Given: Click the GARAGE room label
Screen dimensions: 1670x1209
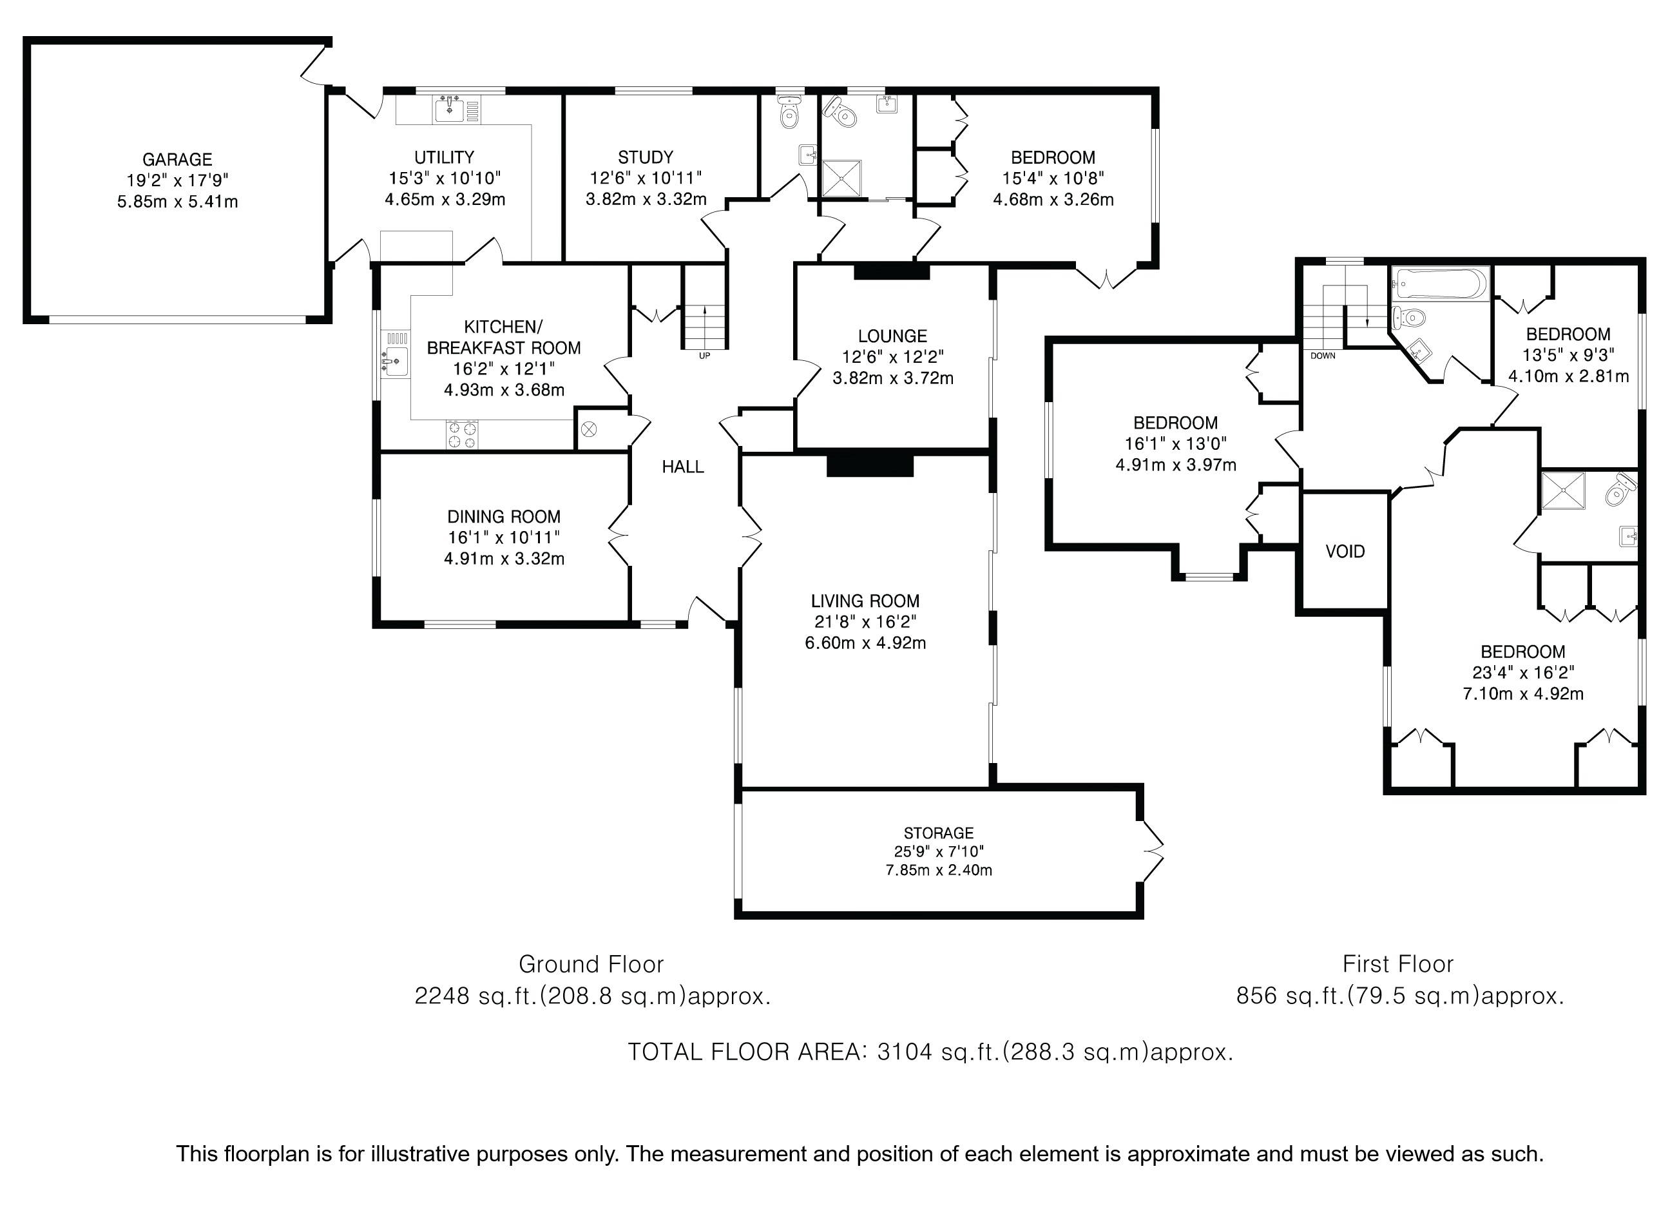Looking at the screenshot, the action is click(x=177, y=159).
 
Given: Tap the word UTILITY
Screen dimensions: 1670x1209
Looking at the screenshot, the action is click(x=444, y=157).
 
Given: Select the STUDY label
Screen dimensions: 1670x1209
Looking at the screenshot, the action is click(x=645, y=157).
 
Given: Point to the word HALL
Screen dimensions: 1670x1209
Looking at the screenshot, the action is click(x=682, y=466).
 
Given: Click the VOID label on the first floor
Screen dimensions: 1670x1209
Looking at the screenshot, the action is click(x=1345, y=552).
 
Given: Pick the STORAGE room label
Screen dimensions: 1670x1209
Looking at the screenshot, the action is click(x=939, y=833).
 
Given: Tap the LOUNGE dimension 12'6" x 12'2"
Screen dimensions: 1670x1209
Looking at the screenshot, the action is click(x=892, y=357).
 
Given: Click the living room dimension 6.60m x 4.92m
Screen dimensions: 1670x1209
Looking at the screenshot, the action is click(x=865, y=643).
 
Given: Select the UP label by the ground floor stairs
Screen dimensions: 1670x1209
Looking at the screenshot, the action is click(x=705, y=356).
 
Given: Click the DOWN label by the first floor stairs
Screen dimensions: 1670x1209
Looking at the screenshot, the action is click(x=1323, y=356).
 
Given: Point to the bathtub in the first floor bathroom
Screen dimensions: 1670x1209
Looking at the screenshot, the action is click(x=1440, y=284).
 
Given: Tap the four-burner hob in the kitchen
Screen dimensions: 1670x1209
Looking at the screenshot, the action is click(x=462, y=434).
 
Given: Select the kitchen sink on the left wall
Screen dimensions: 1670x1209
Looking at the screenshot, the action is click(x=396, y=361).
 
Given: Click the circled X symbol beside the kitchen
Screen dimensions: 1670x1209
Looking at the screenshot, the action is click(x=589, y=429).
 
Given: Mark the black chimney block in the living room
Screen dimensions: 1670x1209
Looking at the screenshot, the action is click(x=870, y=465).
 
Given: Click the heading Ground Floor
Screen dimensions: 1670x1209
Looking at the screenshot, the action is click(x=591, y=964).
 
